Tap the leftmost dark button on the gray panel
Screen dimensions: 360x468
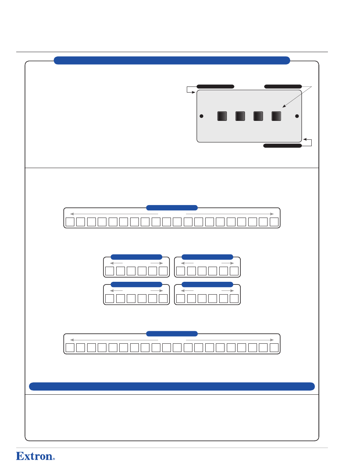(x=222, y=116)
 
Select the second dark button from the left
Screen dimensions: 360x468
(x=240, y=116)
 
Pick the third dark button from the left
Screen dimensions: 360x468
(x=258, y=116)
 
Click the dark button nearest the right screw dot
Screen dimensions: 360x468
(x=276, y=116)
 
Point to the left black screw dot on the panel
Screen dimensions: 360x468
(x=202, y=116)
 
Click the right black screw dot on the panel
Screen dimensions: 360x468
(x=297, y=116)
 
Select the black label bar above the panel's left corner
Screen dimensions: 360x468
(x=215, y=86)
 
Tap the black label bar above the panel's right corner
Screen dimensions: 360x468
(x=283, y=86)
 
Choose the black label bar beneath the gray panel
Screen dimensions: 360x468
(x=282, y=146)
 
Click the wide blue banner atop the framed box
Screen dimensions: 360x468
(x=172, y=60)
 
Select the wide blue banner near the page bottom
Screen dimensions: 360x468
(x=172, y=386)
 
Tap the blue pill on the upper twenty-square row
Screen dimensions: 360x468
(x=172, y=208)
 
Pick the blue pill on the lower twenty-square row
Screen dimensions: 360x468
(x=172, y=334)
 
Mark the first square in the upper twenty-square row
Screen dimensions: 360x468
(x=70, y=222)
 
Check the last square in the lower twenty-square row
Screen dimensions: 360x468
(x=274, y=348)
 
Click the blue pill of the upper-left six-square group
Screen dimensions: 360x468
(x=136, y=257)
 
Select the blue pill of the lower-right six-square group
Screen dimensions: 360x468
(x=207, y=284)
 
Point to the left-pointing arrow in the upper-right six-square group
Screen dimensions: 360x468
(x=187, y=263)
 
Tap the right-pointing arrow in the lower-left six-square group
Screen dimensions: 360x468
(x=157, y=291)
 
